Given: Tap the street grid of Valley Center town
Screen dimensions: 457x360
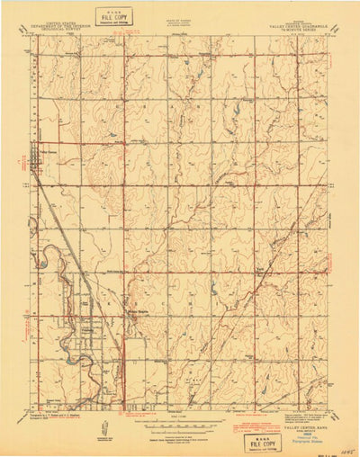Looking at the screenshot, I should (38, 153).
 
